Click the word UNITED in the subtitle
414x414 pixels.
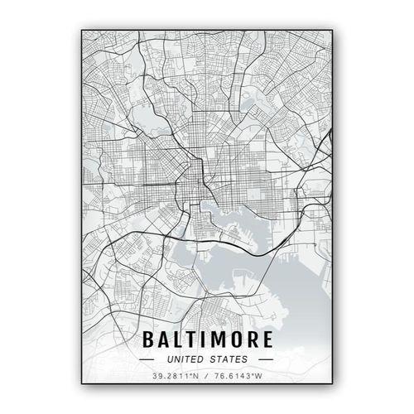[185, 360]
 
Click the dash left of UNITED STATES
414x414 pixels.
[147, 360]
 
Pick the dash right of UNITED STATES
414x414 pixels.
[266, 360]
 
